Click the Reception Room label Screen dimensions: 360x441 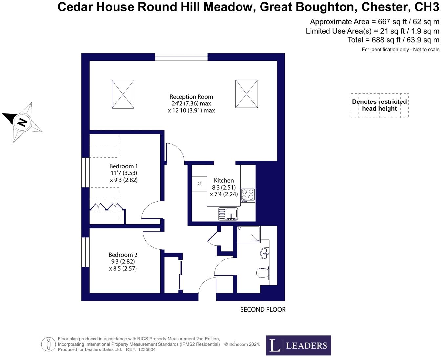click(x=191, y=97)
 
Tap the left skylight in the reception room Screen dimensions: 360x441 click(x=123, y=94)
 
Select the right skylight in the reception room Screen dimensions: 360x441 click(x=246, y=94)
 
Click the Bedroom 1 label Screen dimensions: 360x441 click(x=123, y=166)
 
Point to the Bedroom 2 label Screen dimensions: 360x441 click(x=123, y=255)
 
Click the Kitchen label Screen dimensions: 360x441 click(x=224, y=180)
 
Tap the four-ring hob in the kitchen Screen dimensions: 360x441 click(x=248, y=195)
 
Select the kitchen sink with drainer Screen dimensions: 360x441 click(x=228, y=214)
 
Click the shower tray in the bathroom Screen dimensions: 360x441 click(x=248, y=235)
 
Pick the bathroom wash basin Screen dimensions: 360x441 click(x=265, y=253)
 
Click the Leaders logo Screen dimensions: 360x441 click(x=298, y=345)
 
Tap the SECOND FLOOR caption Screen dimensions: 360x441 click(x=263, y=310)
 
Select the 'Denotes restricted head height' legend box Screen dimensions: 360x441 click(x=379, y=105)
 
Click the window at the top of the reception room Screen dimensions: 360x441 click(x=181, y=57)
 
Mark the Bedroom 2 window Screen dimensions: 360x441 click(x=85, y=252)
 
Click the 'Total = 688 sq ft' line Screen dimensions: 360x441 click(x=393, y=40)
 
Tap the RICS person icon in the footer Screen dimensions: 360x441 click(x=48, y=344)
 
